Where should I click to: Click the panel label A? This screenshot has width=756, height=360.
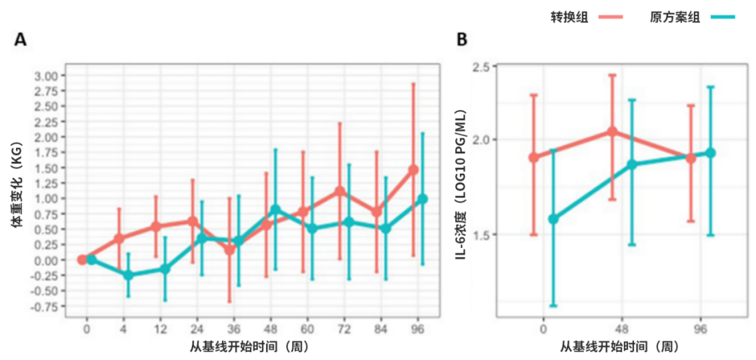[21, 40]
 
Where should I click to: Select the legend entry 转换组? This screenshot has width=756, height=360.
[568, 18]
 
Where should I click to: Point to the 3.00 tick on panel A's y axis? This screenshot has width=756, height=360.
[48, 76]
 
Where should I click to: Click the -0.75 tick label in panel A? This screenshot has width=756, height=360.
[47, 306]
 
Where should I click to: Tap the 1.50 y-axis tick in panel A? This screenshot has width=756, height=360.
[48, 168]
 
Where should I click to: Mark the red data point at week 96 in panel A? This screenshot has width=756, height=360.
[413, 169]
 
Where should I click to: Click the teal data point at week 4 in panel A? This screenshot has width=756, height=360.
[128, 275]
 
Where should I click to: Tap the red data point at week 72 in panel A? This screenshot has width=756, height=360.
[340, 191]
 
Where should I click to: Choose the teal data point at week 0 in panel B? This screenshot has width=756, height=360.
[554, 219]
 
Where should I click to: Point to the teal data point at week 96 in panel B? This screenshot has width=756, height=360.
[710, 153]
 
